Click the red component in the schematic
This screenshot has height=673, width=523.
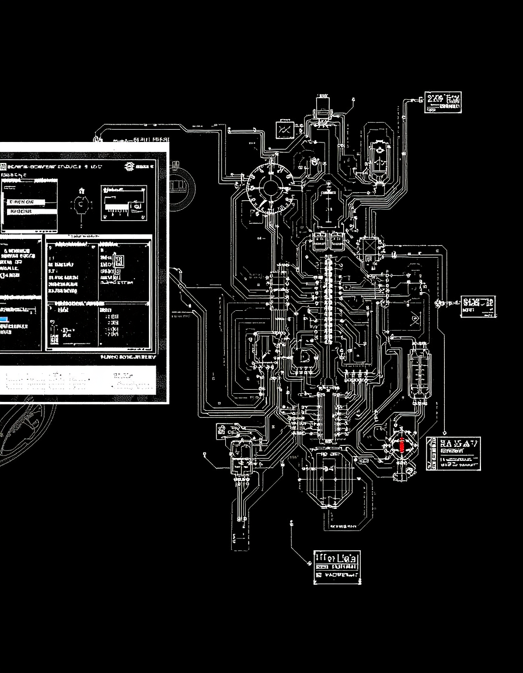coord(402,443)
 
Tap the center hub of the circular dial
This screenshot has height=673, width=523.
coord(270,188)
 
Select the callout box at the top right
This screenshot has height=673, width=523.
coord(443,101)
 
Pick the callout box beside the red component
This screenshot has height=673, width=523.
coord(454,453)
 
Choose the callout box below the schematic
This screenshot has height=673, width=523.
coord(337,567)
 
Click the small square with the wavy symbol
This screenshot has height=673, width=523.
coord(285,128)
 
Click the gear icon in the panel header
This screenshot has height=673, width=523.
coord(129,166)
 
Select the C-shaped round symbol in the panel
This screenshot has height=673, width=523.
coord(79,204)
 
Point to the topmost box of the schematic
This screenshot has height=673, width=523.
coord(322,106)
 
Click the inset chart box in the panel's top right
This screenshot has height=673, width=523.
coord(123,203)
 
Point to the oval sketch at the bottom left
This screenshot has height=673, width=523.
coord(23,432)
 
